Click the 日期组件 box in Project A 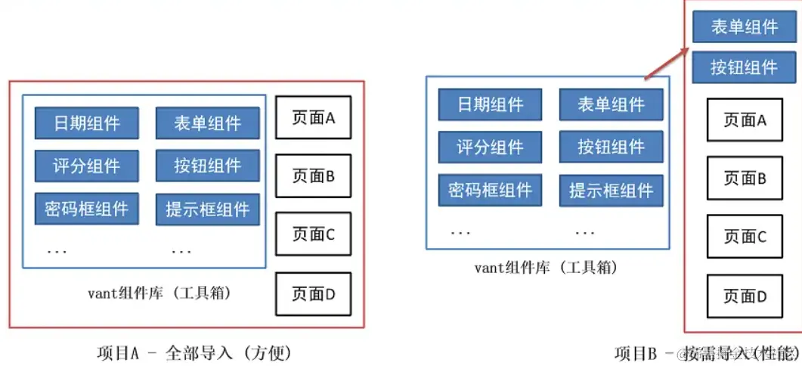[86, 123]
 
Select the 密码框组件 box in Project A [86, 209]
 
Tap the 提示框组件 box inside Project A [208, 209]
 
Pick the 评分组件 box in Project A [86, 166]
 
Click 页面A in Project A [313, 117]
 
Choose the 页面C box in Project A [313, 234]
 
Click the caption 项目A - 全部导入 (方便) [194, 352]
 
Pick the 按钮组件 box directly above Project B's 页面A [744, 67]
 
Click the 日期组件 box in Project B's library [491, 104]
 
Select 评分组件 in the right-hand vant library [491, 147]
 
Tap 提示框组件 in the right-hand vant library [612, 190]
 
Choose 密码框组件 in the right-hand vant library [491, 190]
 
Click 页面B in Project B [745, 178]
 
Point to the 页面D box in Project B [745, 296]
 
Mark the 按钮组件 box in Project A [208, 166]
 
